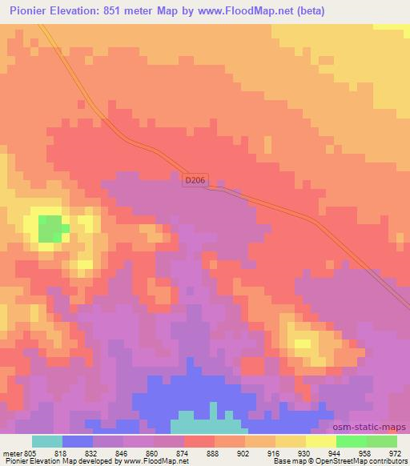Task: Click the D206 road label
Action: click(195, 181)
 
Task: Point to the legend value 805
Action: click(30, 452)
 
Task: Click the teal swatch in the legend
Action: click(47, 441)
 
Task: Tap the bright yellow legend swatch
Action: click(320, 441)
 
